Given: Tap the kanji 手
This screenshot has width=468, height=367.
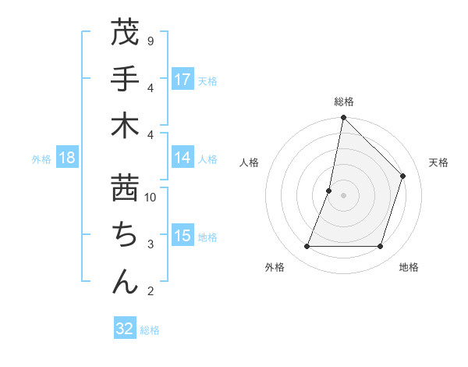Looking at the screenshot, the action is click(126, 79).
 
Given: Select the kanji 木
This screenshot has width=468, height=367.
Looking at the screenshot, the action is click(126, 126).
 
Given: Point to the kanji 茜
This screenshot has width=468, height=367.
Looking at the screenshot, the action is click(126, 187).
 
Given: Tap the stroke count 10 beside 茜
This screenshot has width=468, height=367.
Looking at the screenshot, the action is click(151, 198).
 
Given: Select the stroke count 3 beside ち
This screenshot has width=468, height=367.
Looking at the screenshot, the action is click(150, 244).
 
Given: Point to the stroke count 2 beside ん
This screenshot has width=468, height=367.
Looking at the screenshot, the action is click(150, 291).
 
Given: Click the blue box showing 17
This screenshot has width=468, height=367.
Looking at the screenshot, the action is click(183, 80).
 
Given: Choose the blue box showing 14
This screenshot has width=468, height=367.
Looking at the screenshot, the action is click(183, 158).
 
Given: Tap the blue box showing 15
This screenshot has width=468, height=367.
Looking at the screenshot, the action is click(183, 237).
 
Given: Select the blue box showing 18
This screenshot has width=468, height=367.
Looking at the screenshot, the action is click(66, 159).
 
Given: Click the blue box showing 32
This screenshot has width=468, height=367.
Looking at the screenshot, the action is click(125, 329).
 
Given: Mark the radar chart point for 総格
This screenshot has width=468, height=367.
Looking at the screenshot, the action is click(343, 118).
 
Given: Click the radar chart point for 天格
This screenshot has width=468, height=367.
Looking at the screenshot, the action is click(403, 176).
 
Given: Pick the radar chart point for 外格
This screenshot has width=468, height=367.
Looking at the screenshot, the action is click(307, 246).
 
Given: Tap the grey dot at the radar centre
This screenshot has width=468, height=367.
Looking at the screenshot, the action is click(343, 195).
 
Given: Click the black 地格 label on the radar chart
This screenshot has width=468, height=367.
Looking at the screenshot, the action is click(409, 267).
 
